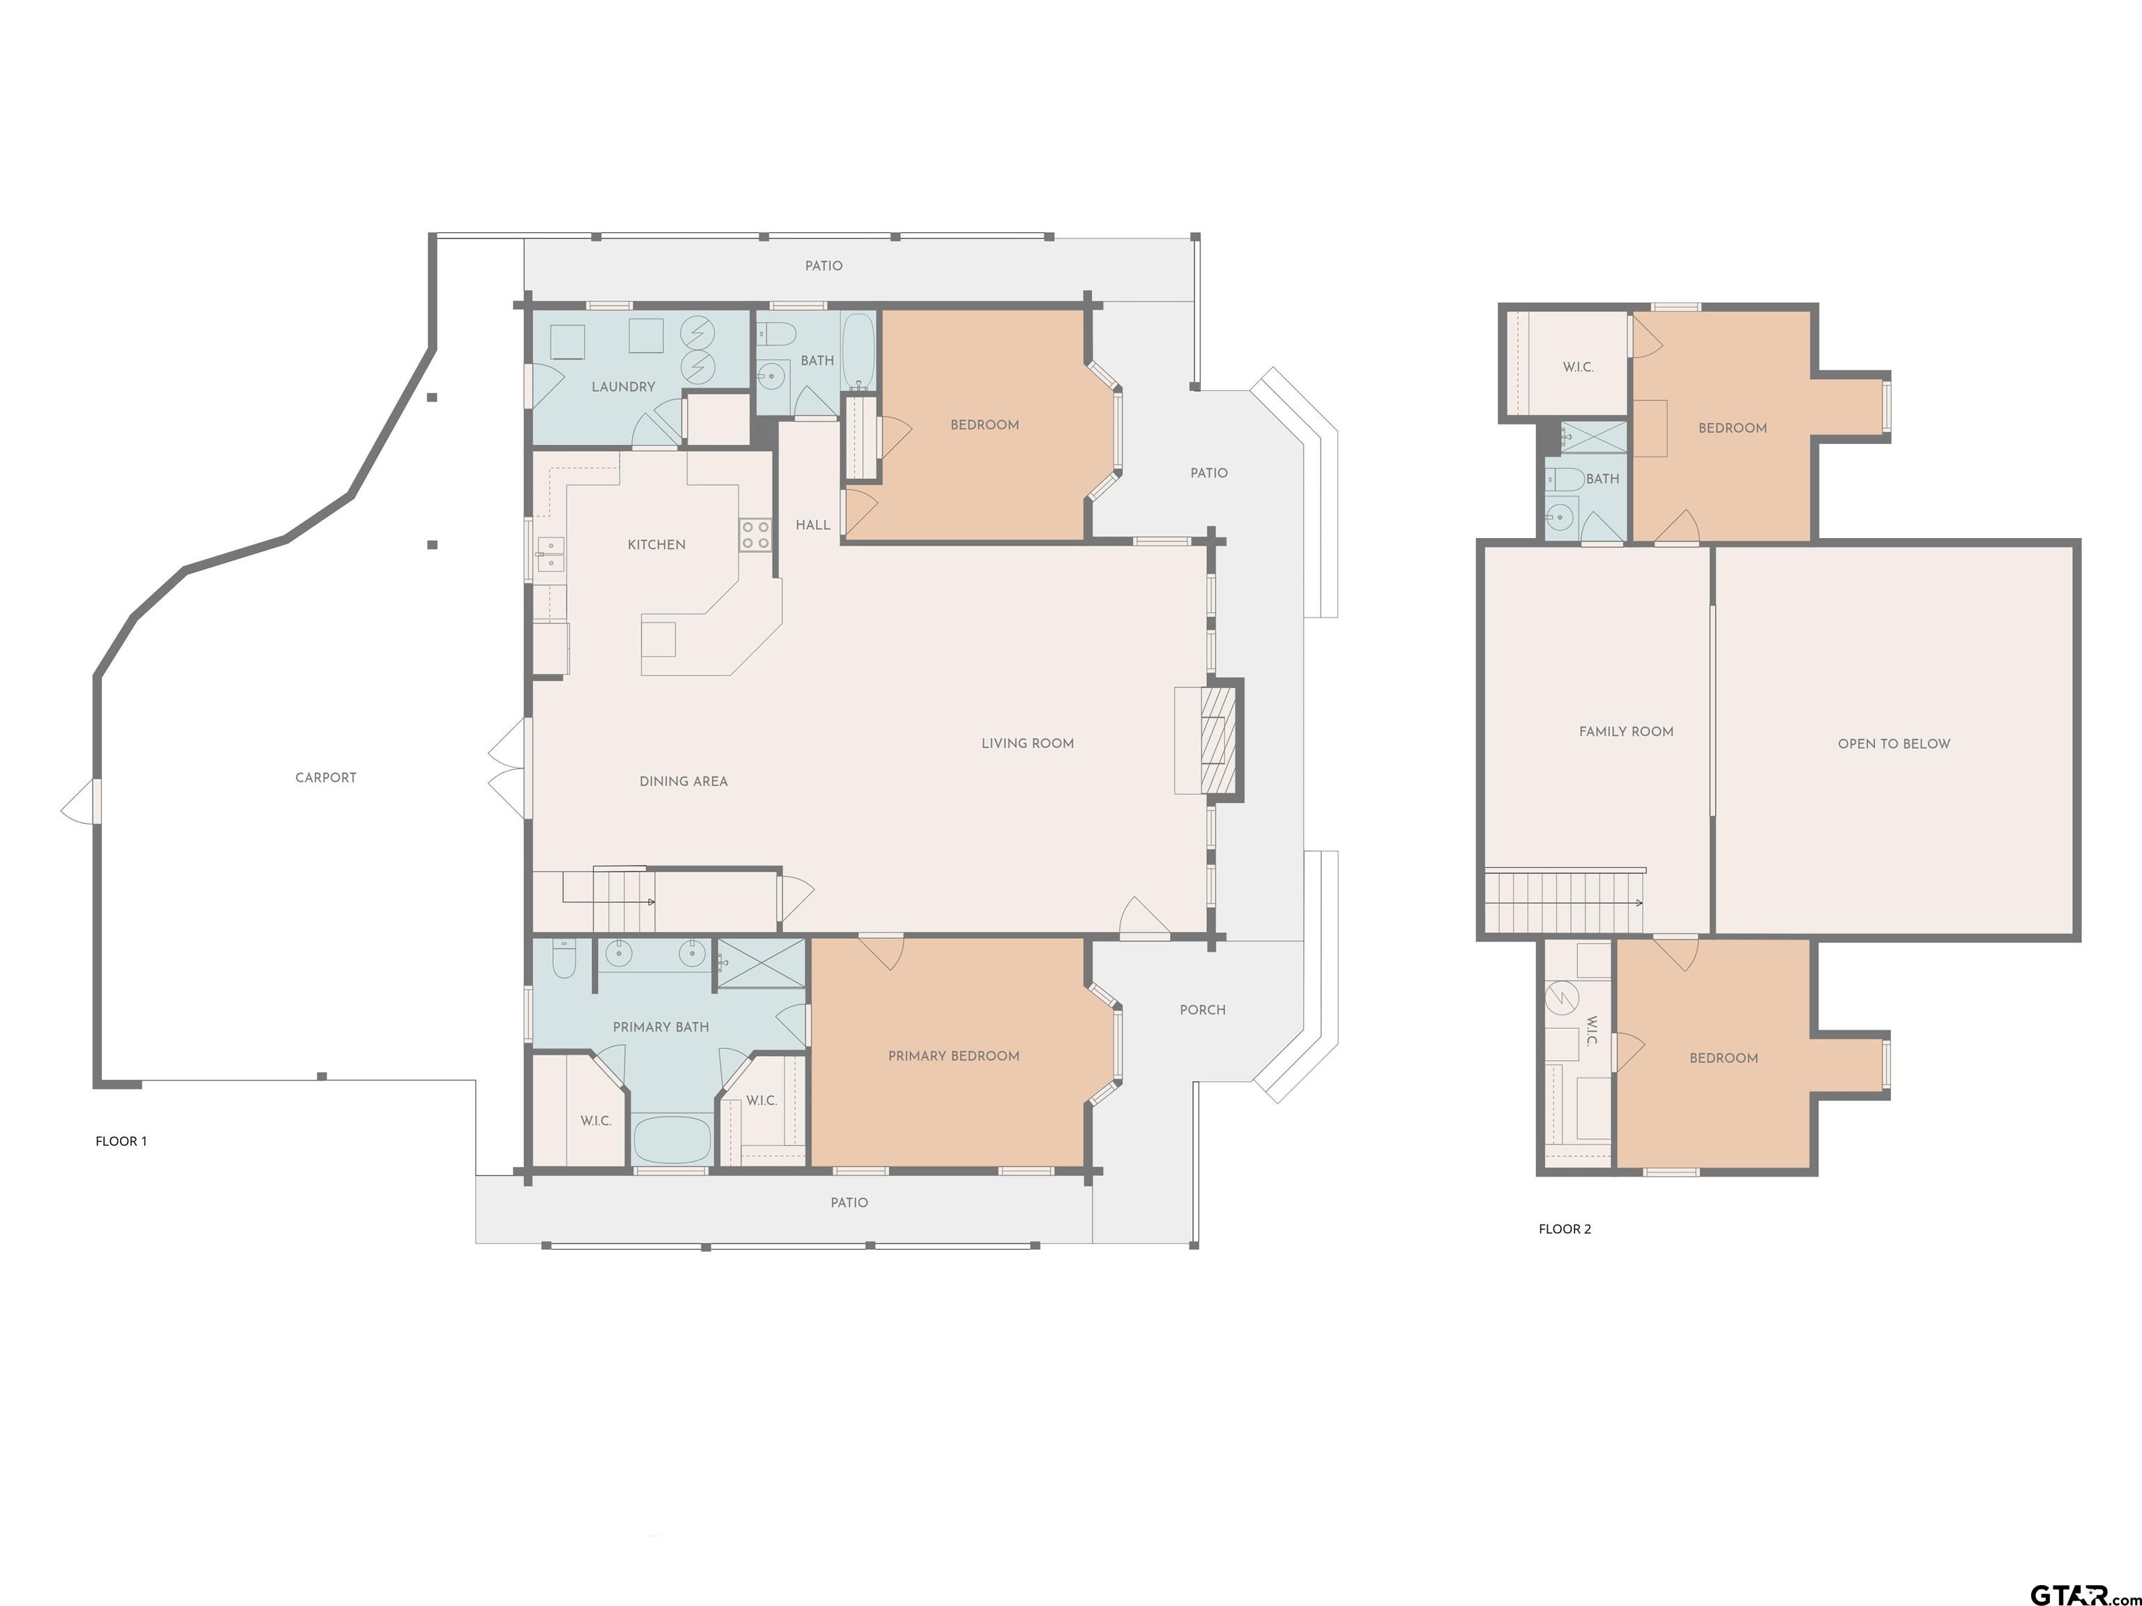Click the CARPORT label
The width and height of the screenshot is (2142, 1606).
(326, 777)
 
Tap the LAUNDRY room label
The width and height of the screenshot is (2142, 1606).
(623, 386)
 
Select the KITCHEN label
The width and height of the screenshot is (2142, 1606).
(657, 544)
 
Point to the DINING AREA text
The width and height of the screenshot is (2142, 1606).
(683, 781)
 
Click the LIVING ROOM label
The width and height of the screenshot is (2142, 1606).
(1028, 744)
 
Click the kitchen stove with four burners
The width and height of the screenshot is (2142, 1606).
(755, 535)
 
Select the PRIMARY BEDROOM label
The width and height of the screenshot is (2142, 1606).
(954, 1056)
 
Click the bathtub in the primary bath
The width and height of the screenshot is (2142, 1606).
(672, 1141)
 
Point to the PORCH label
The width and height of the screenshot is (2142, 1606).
(1203, 1010)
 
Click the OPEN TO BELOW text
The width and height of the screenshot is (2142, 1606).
(1894, 744)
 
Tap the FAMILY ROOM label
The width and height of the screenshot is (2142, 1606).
(1626, 732)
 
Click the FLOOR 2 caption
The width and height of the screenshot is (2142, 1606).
(1565, 1230)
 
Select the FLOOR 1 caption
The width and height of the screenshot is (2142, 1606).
(121, 1141)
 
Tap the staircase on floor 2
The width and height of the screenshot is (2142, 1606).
(1564, 902)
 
